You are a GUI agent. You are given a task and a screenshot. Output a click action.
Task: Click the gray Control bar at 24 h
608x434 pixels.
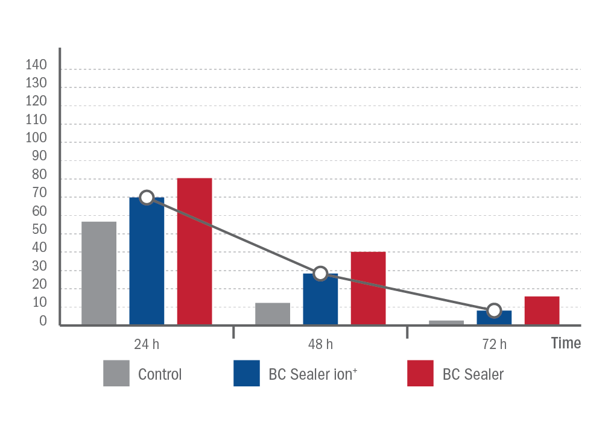(x=99, y=273)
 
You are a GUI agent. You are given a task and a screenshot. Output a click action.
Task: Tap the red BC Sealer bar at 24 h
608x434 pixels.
(x=195, y=251)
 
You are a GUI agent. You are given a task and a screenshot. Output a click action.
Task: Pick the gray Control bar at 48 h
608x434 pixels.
(x=273, y=314)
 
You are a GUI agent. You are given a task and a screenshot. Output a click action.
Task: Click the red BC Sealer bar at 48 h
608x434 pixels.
(x=369, y=288)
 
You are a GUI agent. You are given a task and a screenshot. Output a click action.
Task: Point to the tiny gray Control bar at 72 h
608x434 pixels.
(x=446, y=323)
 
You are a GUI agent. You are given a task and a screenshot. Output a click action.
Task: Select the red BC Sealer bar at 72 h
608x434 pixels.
(x=542, y=311)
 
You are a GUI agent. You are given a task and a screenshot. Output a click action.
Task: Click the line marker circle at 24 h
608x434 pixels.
(x=147, y=198)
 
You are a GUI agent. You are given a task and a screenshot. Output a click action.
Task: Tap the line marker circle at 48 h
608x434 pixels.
(x=320, y=274)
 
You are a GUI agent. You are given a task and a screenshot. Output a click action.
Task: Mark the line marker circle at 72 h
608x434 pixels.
(x=494, y=310)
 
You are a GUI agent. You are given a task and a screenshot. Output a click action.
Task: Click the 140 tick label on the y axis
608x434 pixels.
(x=36, y=64)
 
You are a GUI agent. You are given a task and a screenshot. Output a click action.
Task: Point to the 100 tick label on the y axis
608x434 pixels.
(x=36, y=137)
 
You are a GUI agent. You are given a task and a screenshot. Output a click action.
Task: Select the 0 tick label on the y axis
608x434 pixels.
(x=43, y=321)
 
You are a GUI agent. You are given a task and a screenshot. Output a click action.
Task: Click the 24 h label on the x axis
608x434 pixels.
(x=147, y=344)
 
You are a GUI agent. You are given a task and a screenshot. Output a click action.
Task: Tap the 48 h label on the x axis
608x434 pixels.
(x=320, y=344)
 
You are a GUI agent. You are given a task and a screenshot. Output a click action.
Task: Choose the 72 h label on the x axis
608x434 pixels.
(x=495, y=344)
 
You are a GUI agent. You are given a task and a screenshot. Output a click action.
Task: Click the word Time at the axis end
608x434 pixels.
(x=566, y=343)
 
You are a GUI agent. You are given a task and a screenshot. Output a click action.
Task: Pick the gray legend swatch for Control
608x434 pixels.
(x=116, y=373)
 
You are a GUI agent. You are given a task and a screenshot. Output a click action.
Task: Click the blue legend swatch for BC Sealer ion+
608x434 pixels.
(x=247, y=373)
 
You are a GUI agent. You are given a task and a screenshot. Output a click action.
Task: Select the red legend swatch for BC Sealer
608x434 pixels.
(x=420, y=373)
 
